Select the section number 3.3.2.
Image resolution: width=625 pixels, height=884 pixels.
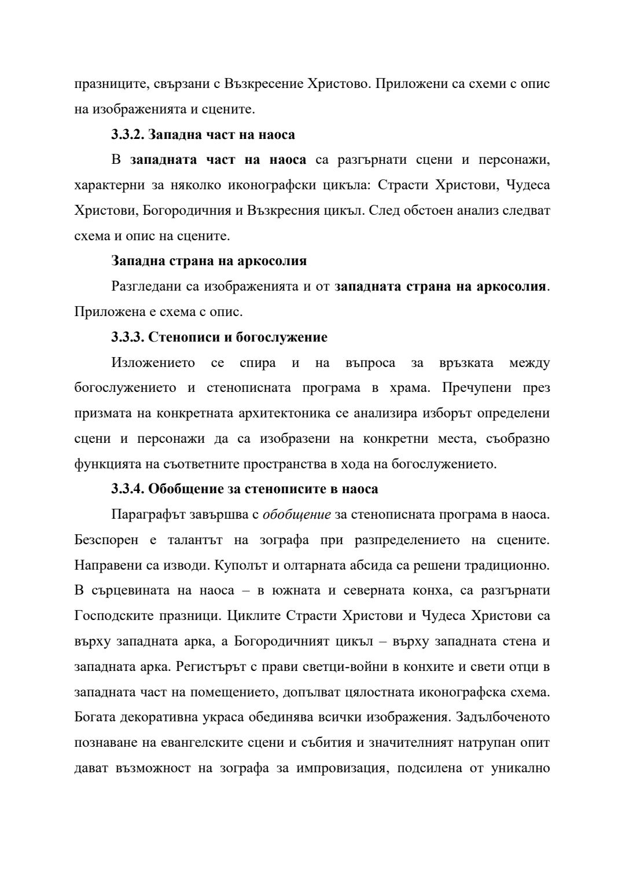(x=128, y=135)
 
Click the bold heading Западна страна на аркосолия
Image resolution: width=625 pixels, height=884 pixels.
(x=209, y=261)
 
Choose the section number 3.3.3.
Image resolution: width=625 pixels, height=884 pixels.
(x=128, y=337)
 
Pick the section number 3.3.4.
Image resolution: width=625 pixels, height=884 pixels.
(x=128, y=489)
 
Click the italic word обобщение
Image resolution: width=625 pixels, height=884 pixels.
(x=297, y=515)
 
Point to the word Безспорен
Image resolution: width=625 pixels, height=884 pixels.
(x=106, y=540)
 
